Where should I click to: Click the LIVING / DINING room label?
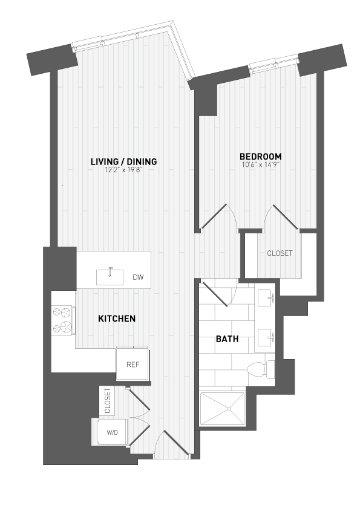(x=123, y=161)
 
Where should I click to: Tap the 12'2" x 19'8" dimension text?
(x=123, y=170)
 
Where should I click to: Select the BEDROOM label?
(x=260, y=157)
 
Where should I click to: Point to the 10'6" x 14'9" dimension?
(x=260, y=164)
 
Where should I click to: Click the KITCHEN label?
(x=117, y=319)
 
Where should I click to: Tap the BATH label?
(x=227, y=339)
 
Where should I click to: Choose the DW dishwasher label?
(x=138, y=278)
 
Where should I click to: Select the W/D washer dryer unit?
(x=112, y=432)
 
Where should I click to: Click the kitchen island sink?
(x=111, y=276)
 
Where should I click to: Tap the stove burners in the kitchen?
(x=63, y=320)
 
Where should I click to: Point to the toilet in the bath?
(x=260, y=368)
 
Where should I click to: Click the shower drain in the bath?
(x=230, y=409)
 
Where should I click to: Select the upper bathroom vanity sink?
(x=267, y=298)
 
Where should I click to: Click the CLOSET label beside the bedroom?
(x=280, y=253)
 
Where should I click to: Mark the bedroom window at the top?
(x=274, y=63)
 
